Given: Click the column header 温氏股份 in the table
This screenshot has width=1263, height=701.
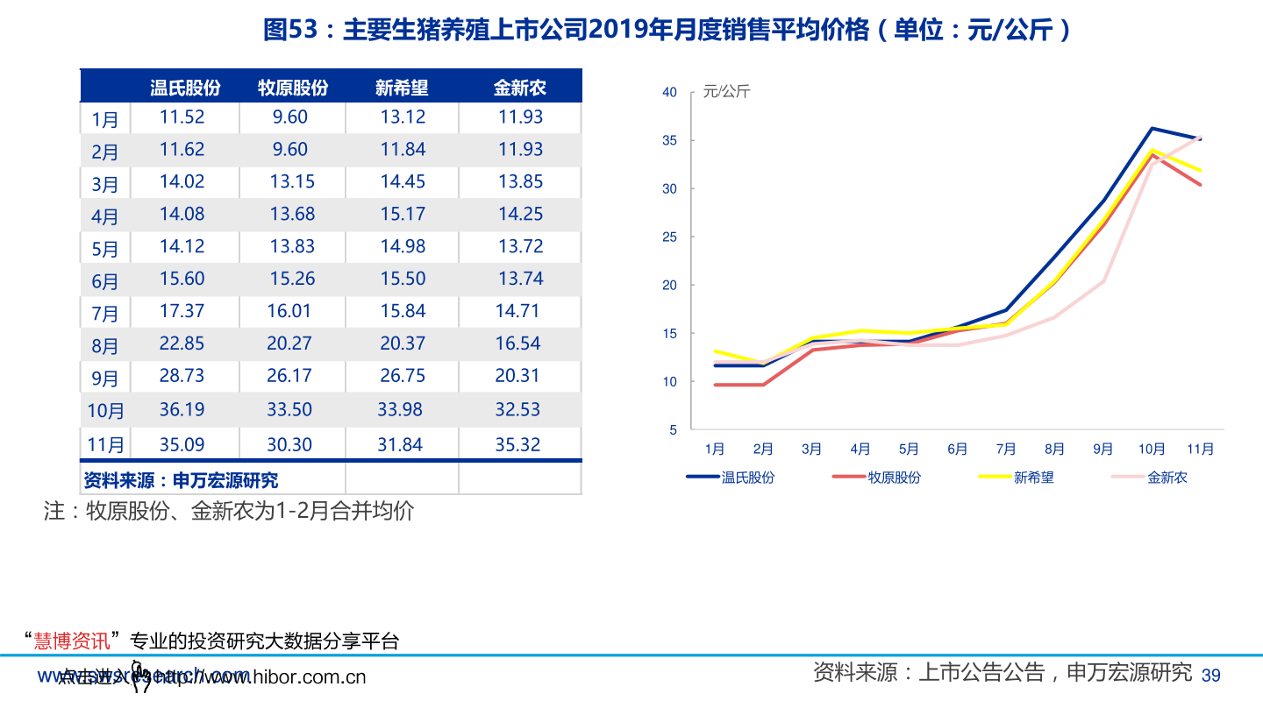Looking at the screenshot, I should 185,88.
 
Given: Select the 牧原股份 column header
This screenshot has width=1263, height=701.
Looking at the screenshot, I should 293,88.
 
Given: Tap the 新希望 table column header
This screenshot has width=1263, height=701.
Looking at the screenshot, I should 402,88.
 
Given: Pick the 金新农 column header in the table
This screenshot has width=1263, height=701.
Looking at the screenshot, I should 519,88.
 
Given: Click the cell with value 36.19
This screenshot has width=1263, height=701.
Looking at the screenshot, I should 182,409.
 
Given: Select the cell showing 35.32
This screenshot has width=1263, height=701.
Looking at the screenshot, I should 517,444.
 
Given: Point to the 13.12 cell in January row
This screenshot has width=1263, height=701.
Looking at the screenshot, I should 403,117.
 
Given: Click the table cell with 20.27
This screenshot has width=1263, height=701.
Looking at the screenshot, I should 289,343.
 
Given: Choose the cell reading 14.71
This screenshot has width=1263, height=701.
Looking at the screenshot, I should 517,311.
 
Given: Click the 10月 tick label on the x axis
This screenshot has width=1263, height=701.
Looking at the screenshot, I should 1152,450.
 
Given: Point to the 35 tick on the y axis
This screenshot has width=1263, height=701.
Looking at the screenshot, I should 669,140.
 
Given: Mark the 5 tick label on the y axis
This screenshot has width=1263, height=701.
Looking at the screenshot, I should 673,429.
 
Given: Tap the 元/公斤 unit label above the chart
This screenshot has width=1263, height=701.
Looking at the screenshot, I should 726,92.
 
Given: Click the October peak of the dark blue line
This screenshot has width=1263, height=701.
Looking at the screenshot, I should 1152,128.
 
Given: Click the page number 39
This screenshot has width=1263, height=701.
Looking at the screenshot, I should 1210,675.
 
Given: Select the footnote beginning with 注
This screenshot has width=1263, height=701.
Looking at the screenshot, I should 228,512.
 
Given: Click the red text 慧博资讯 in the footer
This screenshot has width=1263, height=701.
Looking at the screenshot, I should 72,641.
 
